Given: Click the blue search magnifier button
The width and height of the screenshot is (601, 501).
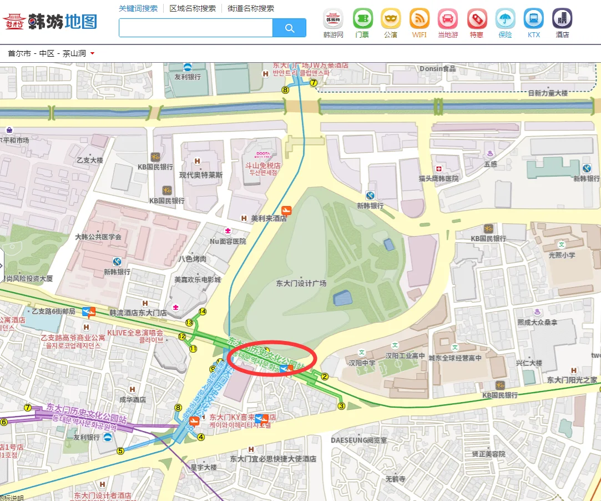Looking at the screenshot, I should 289,28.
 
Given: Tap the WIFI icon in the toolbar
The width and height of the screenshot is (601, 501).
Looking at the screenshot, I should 420,19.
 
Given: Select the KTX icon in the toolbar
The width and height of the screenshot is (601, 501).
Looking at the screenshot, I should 534,19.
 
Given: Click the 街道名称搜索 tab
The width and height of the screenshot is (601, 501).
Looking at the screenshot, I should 251,8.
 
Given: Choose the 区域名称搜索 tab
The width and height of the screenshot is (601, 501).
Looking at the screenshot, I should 193,8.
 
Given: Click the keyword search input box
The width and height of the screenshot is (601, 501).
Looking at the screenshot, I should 196,28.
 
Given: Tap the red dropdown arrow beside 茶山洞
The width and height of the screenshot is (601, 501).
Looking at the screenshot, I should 92,54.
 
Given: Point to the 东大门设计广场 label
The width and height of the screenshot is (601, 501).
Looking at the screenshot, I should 301,283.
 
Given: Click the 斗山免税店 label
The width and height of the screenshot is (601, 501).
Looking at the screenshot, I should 263,166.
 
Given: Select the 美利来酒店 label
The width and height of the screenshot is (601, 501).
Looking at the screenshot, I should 269,218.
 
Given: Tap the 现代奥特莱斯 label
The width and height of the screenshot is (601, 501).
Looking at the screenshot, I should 201,175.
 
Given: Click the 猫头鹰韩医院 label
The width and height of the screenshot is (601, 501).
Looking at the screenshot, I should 439,178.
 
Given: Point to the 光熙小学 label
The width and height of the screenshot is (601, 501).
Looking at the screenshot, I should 562,255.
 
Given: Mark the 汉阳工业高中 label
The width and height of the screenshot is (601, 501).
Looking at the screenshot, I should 405,355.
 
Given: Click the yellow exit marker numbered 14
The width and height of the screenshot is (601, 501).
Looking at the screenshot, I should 203,312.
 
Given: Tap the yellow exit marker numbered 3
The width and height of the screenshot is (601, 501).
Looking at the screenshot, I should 341,406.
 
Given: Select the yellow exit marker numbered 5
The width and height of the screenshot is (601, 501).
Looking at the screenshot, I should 120,451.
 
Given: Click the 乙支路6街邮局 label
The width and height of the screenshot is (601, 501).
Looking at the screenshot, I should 53,311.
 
